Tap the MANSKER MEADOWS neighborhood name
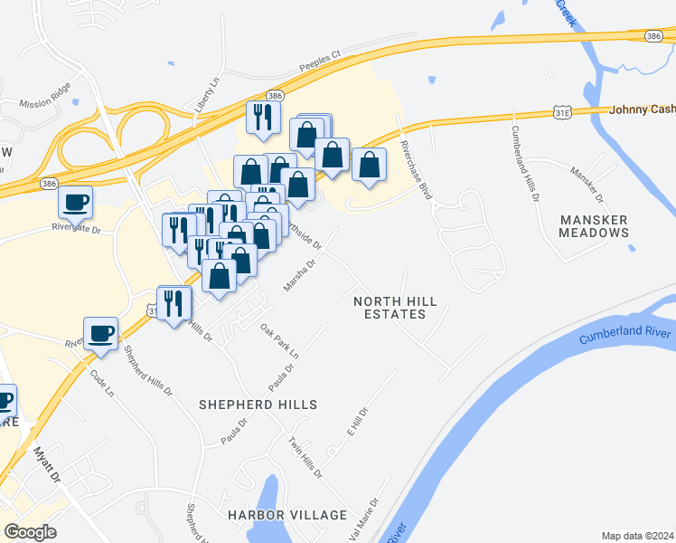coord(594,226)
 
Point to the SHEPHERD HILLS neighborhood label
coord(258,405)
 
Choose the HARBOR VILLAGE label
coord(287,515)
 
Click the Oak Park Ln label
coord(279,340)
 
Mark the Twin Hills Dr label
coord(305,457)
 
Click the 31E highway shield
coord(562,111)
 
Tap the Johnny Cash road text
coord(642,110)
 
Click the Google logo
coord(31,532)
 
